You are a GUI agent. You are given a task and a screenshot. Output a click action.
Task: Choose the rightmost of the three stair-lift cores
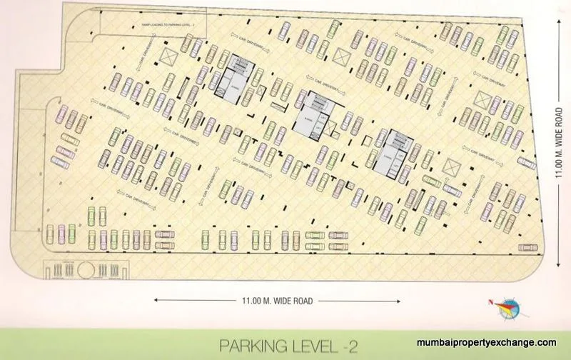390,151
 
